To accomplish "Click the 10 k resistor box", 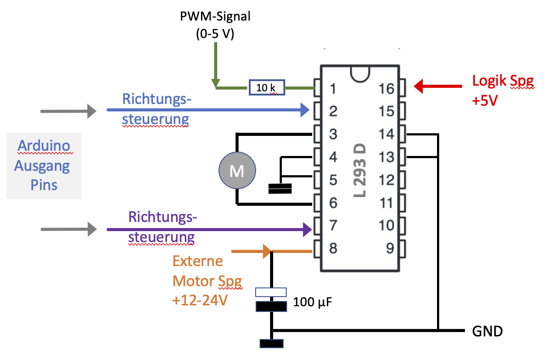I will pyautogui.click(x=267, y=87).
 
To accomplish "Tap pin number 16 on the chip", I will pyautogui.click(x=387, y=89).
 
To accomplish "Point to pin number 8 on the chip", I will pyautogui.click(x=333, y=249).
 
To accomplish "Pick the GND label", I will pyautogui.click(x=488, y=331).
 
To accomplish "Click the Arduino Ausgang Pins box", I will pyautogui.click(x=44, y=165).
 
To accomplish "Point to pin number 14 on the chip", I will pyautogui.click(x=387, y=134).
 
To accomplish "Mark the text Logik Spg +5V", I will pyautogui.click(x=503, y=89).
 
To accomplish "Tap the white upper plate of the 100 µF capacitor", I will pyautogui.click(x=271, y=292).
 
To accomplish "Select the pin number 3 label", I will pyautogui.click(x=333, y=134).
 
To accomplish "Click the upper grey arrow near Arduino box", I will pyautogui.click(x=68, y=111).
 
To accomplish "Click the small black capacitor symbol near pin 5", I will pyautogui.click(x=280, y=189).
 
